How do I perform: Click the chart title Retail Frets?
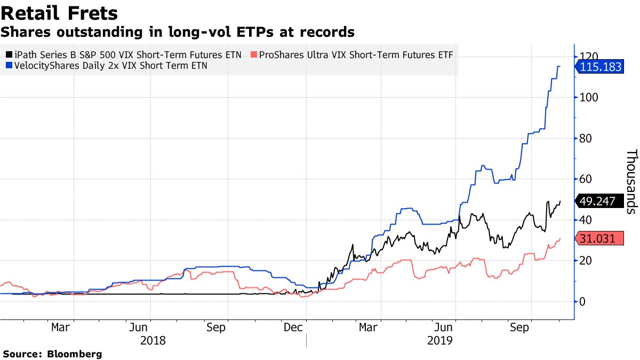[x=59, y=13]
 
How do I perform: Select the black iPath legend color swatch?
[x=7, y=55]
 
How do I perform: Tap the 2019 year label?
[x=440, y=340]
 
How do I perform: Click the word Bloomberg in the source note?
[x=75, y=354]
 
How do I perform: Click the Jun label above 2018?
[x=139, y=327]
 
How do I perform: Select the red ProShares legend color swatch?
[x=254, y=55]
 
